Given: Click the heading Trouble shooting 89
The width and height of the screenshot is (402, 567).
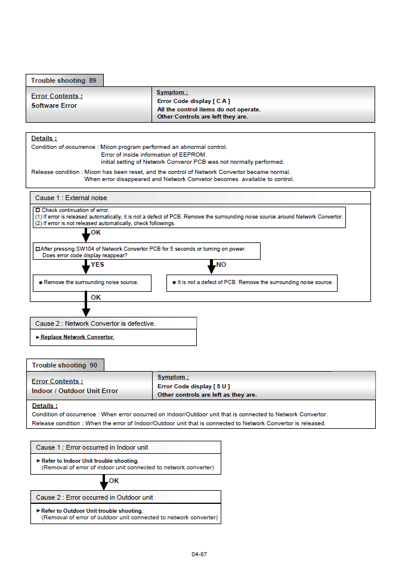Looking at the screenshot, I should [x=64, y=80].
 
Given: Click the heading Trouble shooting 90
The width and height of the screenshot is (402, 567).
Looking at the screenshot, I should [x=64, y=365].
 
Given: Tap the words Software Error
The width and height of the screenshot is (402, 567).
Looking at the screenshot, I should [x=54, y=105].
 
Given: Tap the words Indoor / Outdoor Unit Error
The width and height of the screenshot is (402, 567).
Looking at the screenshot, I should [x=75, y=391].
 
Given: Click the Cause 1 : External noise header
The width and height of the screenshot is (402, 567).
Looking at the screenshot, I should [x=71, y=198].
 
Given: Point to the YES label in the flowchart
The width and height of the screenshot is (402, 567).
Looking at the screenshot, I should [x=98, y=264].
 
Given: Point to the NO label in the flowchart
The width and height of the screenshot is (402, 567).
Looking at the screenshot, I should [x=221, y=264].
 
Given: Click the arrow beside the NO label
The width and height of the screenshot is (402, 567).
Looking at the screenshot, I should [x=211, y=266].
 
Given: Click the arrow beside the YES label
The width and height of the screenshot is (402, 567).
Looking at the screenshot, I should [x=86, y=266].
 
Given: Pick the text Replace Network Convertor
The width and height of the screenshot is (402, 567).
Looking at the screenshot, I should [x=77, y=337].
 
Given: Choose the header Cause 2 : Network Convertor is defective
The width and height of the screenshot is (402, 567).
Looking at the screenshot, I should [x=95, y=323].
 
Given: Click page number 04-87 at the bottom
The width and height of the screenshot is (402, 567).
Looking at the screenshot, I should [x=199, y=554].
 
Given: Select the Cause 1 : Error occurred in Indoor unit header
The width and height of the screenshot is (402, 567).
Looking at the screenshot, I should [x=92, y=447].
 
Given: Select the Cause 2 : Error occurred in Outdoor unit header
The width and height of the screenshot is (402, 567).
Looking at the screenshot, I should [x=94, y=497].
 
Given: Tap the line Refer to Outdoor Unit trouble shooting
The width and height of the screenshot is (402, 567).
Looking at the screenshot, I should [x=92, y=511].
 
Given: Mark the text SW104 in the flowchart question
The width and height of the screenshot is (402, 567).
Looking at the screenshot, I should [x=89, y=248].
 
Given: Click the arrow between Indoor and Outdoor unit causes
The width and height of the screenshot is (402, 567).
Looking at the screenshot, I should [x=104, y=482].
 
